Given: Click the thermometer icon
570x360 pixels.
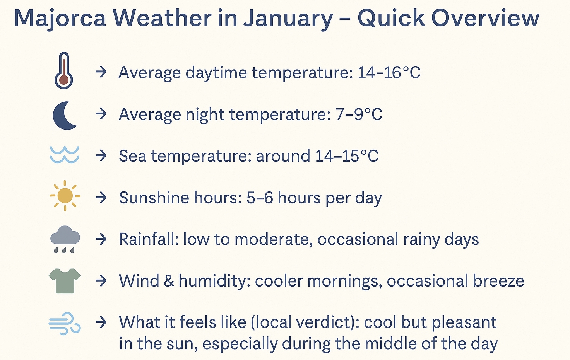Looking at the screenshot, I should [64, 70].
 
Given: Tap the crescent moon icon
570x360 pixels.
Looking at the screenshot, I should [65, 115].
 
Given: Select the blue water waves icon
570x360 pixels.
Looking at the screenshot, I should [65, 155].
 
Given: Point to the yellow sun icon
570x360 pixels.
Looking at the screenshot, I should [65, 196].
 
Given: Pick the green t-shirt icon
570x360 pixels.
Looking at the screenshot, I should [65, 281].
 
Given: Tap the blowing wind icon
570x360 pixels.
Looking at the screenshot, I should [65, 323].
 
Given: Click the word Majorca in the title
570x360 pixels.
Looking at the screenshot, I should [60, 18].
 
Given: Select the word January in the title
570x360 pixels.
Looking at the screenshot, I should [288, 18].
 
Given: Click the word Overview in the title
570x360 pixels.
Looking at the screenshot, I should [485, 18].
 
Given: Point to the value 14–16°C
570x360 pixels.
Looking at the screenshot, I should [389, 73].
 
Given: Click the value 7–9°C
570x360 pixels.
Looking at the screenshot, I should [359, 114].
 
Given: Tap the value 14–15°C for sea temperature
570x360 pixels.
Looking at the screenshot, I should [347, 156].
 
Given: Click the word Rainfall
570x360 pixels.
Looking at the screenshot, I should [149, 239].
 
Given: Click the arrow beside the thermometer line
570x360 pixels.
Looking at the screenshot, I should [101, 72].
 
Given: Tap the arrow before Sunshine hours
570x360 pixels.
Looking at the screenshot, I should [101, 197].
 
